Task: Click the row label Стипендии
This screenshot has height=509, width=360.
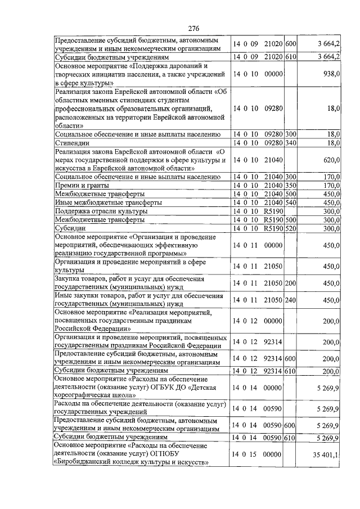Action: pyautogui.click(x=70, y=143)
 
